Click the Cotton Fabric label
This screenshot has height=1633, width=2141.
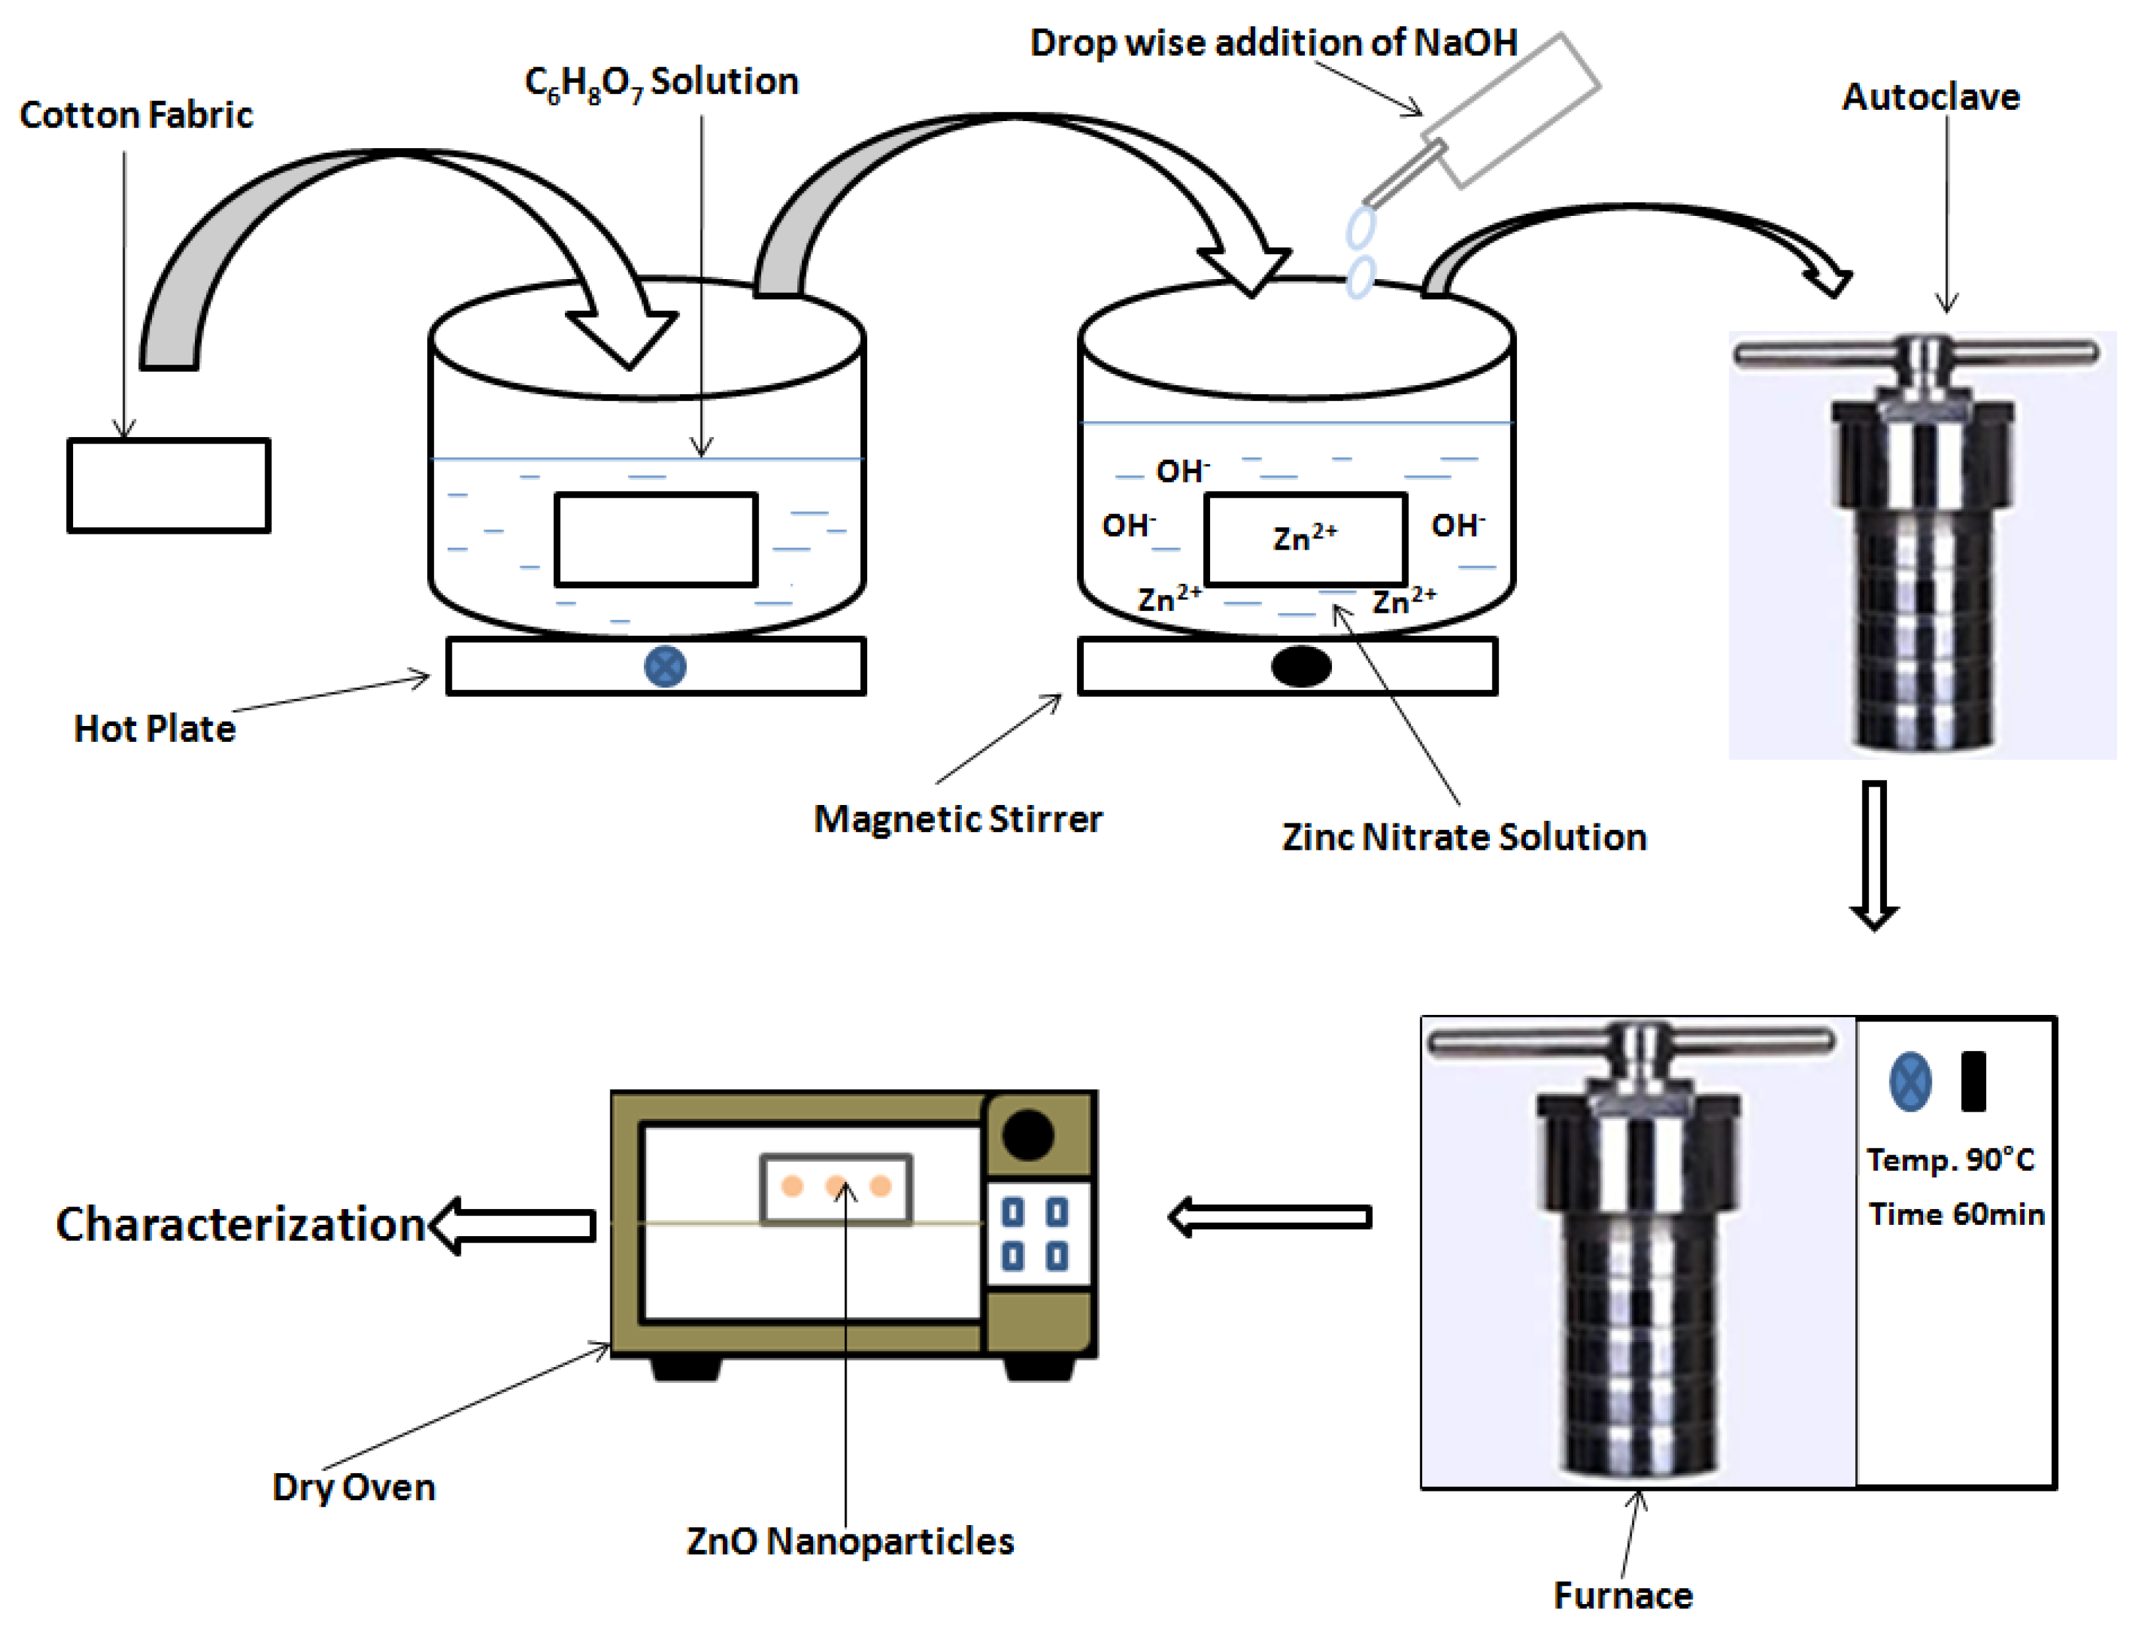[x=136, y=115]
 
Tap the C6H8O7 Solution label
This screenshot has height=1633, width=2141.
[x=661, y=82]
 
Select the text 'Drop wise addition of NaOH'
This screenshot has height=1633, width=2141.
[x=1274, y=43]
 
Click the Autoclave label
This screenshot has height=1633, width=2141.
[x=1931, y=97]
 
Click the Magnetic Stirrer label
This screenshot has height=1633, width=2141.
[x=958, y=818]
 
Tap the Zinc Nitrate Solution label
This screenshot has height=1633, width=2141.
[x=1464, y=837]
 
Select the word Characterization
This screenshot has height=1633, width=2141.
[x=241, y=1224]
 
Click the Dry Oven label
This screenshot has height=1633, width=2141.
[x=354, y=1486]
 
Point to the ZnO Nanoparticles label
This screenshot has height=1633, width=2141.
[x=850, y=1541]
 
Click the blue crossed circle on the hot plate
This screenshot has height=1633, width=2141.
[x=665, y=667]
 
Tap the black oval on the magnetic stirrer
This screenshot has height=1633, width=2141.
[x=1301, y=667]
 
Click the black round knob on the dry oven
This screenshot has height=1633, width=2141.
[x=1028, y=1134]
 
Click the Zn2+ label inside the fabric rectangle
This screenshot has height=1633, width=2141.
[x=1305, y=538]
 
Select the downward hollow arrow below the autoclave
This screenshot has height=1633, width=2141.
[x=1874, y=854]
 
